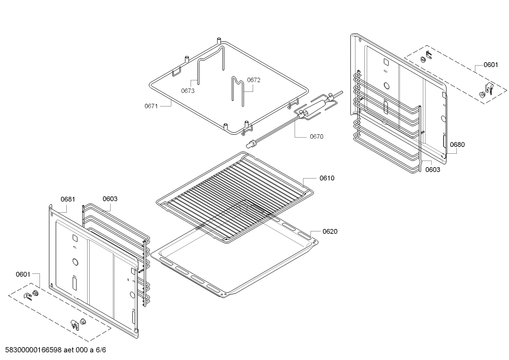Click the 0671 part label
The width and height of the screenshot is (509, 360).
[x=151, y=106]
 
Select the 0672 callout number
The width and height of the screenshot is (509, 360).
[x=253, y=80]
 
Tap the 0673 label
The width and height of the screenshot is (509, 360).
[x=188, y=91]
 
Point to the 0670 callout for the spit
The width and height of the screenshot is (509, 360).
[x=316, y=137]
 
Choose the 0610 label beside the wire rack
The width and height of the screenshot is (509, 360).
[x=327, y=178]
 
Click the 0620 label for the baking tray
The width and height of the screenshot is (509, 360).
[x=330, y=232]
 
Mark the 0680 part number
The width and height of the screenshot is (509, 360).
[x=457, y=144]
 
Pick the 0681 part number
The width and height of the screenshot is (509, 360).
[x=68, y=199]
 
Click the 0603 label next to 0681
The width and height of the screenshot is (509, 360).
[x=110, y=199]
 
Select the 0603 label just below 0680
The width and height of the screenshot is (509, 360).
[x=432, y=170]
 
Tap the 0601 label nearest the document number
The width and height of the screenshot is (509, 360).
[x=23, y=274]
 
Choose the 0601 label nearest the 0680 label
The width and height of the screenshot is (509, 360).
[x=491, y=65]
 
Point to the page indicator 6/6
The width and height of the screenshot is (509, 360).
[x=101, y=350]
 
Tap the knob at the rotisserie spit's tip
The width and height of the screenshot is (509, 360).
[x=251, y=144]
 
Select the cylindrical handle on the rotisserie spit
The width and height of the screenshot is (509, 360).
[x=317, y=107]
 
